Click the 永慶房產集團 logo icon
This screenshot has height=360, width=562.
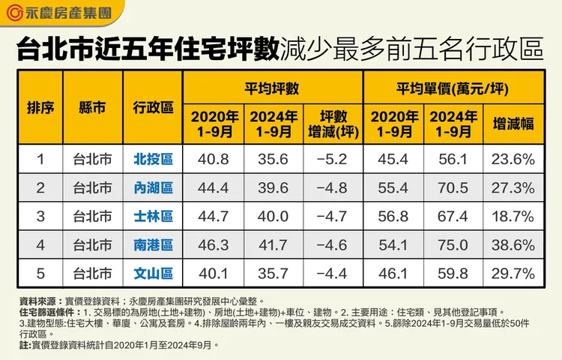click(x=15, y=13)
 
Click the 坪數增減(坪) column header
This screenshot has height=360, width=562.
click(x=333, y=123)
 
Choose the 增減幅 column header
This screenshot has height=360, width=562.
click(x=513, y=123)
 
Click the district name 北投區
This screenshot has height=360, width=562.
click(x=153, y=159)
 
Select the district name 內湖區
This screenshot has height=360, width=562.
click(x=153, y=187)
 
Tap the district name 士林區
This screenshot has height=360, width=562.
click(x=153, y=217)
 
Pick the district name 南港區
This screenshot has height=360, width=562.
click(x=153, y=245)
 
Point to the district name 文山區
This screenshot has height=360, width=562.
click(x=153, y=274)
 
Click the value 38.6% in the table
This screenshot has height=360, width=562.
click(x=513, y=245)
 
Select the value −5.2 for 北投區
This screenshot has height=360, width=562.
click(x=333, y=159)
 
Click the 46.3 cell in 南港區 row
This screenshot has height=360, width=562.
click(x=214, y=245)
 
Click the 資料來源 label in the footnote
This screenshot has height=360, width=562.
click(x=34, y=298)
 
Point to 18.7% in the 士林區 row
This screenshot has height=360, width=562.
click(x=513, y=217)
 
